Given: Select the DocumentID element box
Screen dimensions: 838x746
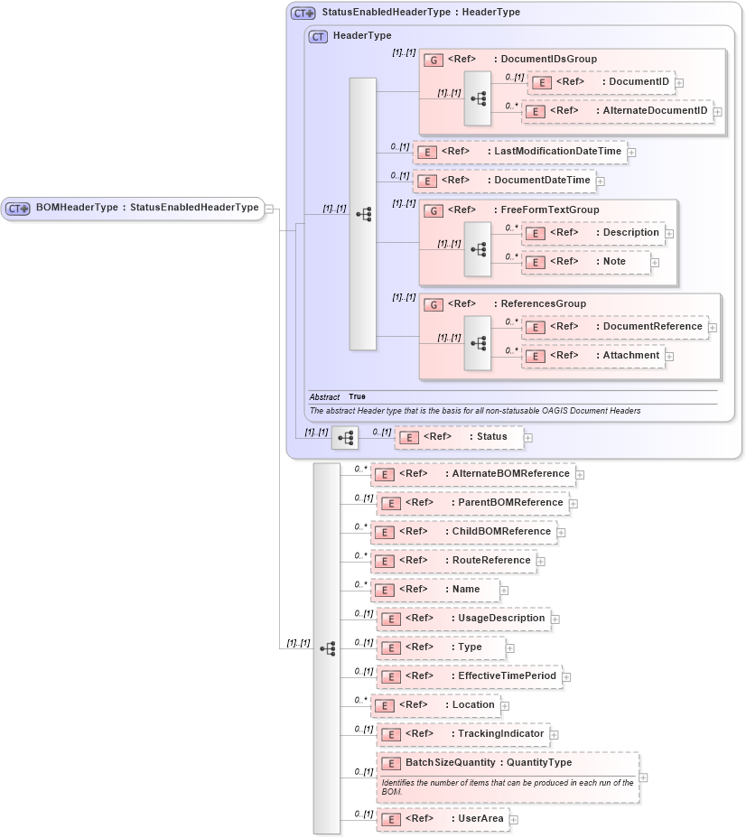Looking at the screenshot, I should [600, 82].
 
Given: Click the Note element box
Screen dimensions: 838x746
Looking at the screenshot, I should [586, 262].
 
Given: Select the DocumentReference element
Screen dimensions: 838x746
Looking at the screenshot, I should [614, 327].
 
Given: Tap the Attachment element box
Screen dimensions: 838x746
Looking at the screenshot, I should [592, 356].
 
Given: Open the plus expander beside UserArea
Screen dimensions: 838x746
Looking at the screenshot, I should [514, 820].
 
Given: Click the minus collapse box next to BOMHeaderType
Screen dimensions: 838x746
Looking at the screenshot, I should [269, 209].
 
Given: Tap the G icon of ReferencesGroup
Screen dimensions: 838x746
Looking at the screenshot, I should [434, 305].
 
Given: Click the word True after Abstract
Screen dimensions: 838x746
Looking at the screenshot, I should [357, 396].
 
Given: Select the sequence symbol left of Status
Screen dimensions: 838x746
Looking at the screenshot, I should [344, 438].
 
